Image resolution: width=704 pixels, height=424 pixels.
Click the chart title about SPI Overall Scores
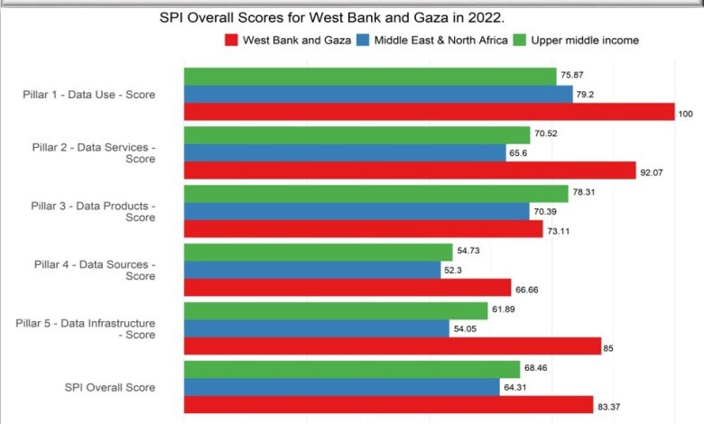click(x=332, y=18)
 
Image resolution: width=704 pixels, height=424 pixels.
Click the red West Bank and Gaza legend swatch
click(x=231, y=40)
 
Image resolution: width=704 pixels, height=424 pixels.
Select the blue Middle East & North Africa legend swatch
click(x=363, y=40)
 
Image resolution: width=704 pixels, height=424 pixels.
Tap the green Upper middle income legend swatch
click(x=520, y=40)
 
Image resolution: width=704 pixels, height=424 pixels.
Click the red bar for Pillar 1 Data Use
click(x=430, y=112)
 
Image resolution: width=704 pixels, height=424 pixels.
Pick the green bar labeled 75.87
click(x=370, y=77)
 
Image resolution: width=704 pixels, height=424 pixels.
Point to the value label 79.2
click(x=585, y=94)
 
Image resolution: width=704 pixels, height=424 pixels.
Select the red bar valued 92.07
click(x=410, y=171)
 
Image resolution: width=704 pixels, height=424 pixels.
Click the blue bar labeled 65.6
click(x=345, y=153)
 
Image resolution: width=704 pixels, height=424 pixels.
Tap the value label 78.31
click(x=584, y=192)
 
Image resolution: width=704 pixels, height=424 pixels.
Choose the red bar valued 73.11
click(x=363, y=229)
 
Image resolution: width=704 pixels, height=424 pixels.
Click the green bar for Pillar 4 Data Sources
click(x=319, y=253)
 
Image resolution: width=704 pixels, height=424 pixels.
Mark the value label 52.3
click(x=453, y=270)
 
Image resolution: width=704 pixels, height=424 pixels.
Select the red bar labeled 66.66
click(x=347, y=287)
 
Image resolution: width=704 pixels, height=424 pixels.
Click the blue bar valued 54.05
click(x=317, y=328)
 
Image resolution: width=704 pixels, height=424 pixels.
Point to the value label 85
click(x=608, y=348)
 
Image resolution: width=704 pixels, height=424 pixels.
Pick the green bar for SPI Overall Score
click(x=352, y=369)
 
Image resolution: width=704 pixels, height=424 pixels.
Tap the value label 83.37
click(x=609, y=407)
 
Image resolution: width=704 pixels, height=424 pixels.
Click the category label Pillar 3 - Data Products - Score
click(x=93, y=212)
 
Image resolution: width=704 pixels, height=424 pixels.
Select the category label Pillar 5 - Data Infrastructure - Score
click(x=86, y=329)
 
